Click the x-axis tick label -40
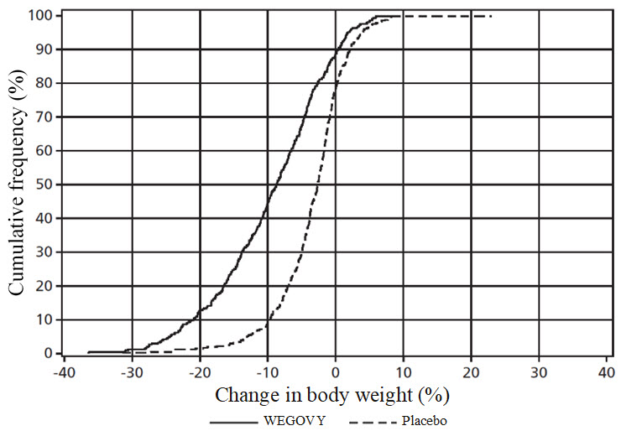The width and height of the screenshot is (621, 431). click(x=63, y=370)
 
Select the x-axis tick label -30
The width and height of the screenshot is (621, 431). click(x=131, y=370)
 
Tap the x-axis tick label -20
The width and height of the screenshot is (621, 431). click(x=199, y=370)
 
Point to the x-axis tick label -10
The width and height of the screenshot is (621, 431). click(x=266, y=370)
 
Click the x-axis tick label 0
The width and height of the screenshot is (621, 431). click(x=336, y=370)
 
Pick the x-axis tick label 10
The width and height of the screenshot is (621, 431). click(x=403, y=370)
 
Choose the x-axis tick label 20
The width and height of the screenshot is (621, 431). click(x=471, y=370)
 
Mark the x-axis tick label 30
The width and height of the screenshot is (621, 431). click(x=539, y=370)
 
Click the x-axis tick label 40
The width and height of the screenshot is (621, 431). click(x=606, y=370)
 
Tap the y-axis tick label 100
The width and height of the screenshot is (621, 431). click(x=44, y=16)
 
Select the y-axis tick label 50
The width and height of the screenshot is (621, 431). click(x=47, y=184)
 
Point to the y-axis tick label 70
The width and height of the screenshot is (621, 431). click(x=47, y=117)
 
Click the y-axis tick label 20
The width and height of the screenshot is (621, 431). click(x=47, y=286)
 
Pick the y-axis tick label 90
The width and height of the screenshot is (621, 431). click(x=47, y=49)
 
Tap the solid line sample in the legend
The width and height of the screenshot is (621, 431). click(x=236, y=418)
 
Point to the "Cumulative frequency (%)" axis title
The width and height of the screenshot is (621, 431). click(x=18, y=184)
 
